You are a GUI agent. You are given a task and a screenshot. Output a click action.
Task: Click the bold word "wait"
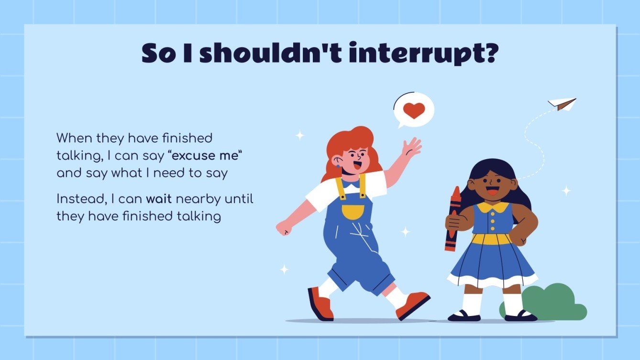click(159, 198)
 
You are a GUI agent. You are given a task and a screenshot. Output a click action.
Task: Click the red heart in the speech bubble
click(414, 110)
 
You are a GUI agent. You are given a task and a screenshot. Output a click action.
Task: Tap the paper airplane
click(563, 103)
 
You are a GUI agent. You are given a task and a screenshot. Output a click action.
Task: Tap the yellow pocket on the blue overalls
click(353, 211)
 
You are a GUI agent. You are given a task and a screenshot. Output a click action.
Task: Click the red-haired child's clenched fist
click(284, 228)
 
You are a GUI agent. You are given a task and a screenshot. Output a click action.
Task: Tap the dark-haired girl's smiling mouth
click(492, 192)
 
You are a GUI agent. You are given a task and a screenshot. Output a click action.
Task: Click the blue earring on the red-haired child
click(338, 167)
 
